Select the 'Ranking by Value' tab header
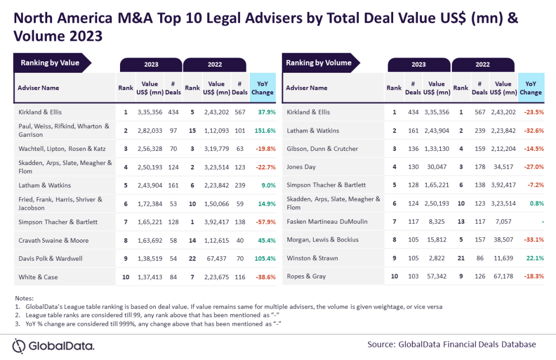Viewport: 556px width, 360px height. [x=50, y=63]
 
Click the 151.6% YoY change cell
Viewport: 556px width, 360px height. [x=262, y=130]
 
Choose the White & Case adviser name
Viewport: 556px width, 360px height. [x=38, y=277]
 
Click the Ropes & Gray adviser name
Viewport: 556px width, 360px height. [x=306, y=277]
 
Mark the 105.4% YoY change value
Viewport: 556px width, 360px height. [x=262, y=258]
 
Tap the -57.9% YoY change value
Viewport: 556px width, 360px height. [x=262, y=222]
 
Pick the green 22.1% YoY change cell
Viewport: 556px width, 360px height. [x=533, y=258]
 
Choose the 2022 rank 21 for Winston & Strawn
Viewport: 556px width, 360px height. [x=460, y=258]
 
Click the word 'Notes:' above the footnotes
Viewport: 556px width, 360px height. [x=24, y=298]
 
